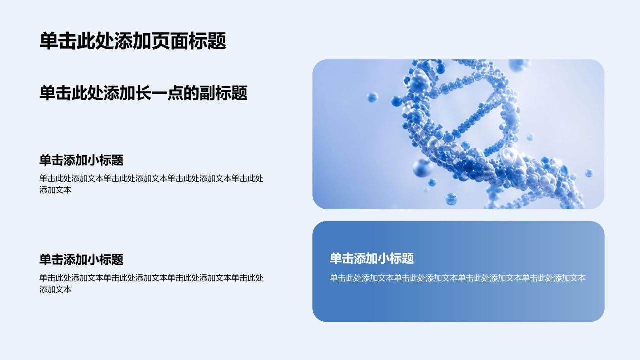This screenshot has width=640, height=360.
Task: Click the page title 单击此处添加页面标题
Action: click(133, 41)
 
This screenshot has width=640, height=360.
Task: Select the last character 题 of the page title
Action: click(217, 41)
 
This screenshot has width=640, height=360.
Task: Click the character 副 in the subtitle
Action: click(207, 93)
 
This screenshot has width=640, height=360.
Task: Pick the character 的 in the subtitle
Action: click(191, 93)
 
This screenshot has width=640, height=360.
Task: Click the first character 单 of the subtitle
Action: click(47, 93)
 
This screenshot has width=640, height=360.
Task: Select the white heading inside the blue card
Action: click(372, 258)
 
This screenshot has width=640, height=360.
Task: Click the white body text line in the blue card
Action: click(458, 278)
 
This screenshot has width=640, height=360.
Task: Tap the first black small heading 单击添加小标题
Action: click(81, 160)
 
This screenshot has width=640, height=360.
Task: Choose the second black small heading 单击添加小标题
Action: click(81, 259)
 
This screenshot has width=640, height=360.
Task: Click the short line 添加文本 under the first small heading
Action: click(55, 190)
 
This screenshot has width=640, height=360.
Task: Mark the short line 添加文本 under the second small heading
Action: click(55, 289)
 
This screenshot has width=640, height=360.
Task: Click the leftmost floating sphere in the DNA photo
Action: click(372, 97)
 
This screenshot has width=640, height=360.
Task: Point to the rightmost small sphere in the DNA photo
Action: click(589, 173)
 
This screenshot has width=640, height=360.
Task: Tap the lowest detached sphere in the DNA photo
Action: click(451, 199)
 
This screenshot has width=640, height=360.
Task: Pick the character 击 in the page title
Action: click(67, 41)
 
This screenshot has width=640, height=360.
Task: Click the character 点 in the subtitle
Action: click(175, 93)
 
